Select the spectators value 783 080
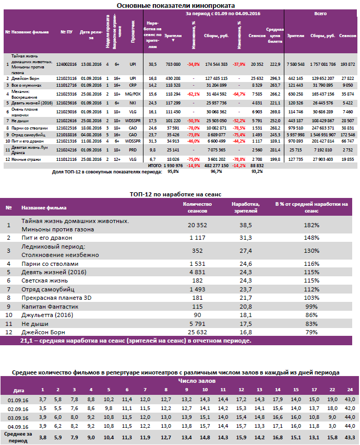pyautogui.click(x=172, y=64)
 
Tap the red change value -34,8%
pyautogui.click(x=194, y=64)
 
